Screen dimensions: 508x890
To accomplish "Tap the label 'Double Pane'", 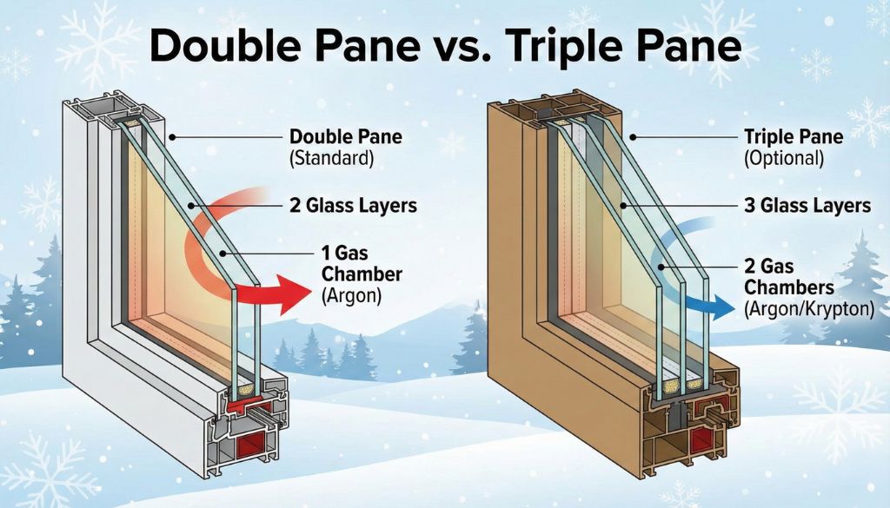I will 346,137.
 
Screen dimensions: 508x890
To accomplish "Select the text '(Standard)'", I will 331,159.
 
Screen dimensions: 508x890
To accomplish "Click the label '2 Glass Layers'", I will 353,207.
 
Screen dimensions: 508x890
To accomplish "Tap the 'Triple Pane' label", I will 794,137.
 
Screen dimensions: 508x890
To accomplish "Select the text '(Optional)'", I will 783,159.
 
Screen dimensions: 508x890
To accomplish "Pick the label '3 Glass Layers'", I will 808,207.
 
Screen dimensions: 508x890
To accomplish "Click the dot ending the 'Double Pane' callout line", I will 174,137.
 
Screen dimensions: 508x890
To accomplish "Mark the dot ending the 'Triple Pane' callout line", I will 633,137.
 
